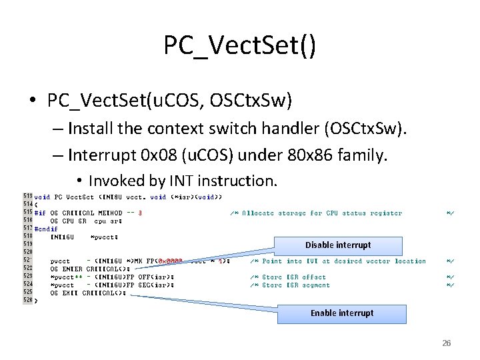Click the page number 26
(447, 343)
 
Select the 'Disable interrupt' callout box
(338, 245)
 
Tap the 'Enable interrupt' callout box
(341, 313)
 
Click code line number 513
(27, 197)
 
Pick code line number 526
(27, 300)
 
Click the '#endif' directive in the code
(46, 228)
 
